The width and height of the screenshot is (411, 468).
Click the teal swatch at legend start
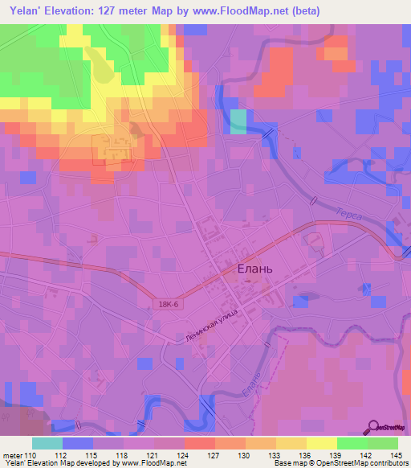47,443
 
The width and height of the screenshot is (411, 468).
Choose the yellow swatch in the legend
321,443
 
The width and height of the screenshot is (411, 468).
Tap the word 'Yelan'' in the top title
29,11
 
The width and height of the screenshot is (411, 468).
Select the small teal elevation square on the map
239,121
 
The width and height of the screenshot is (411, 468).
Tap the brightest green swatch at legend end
382,443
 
